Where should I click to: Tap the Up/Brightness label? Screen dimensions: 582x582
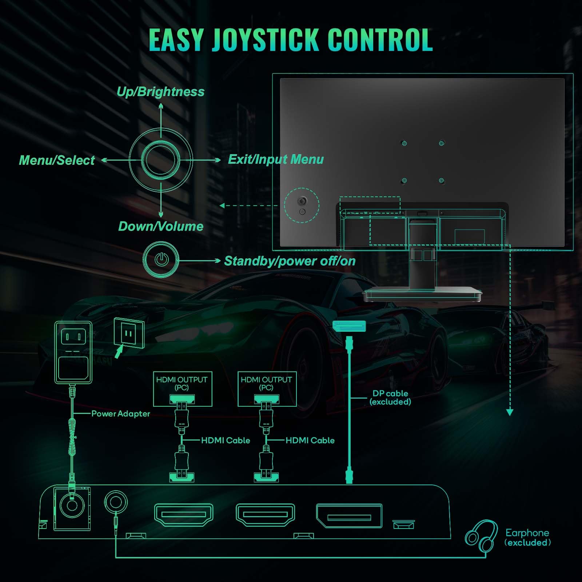click(x=160, y=92)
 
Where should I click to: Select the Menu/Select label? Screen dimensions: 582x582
click(x=57, y=160)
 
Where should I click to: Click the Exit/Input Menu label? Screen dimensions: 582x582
click(x=276, y=159)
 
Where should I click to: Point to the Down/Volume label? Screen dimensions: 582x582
click(x=160, y=226)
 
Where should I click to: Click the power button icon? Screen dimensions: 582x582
click(x=161, y=260)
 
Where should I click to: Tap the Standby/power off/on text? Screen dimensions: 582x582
click(x=290, y=261)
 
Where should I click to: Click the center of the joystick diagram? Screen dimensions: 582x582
click(x=160, y=160)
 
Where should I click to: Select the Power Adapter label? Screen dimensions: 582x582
click(x=120, y=414)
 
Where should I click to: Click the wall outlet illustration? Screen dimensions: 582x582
click(x=129, y=332)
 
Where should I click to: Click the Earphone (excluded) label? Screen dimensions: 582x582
click(x=527, y=538)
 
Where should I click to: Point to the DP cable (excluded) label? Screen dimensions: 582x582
click(x=390, y=398)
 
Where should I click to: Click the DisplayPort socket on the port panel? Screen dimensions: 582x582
click(x=349, y=516)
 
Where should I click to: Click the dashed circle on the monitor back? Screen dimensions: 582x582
click(x=302, y=205)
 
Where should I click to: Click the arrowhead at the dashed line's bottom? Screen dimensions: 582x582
click(x=510, y=412)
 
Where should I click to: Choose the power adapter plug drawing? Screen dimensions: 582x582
click(x=73, y=352)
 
